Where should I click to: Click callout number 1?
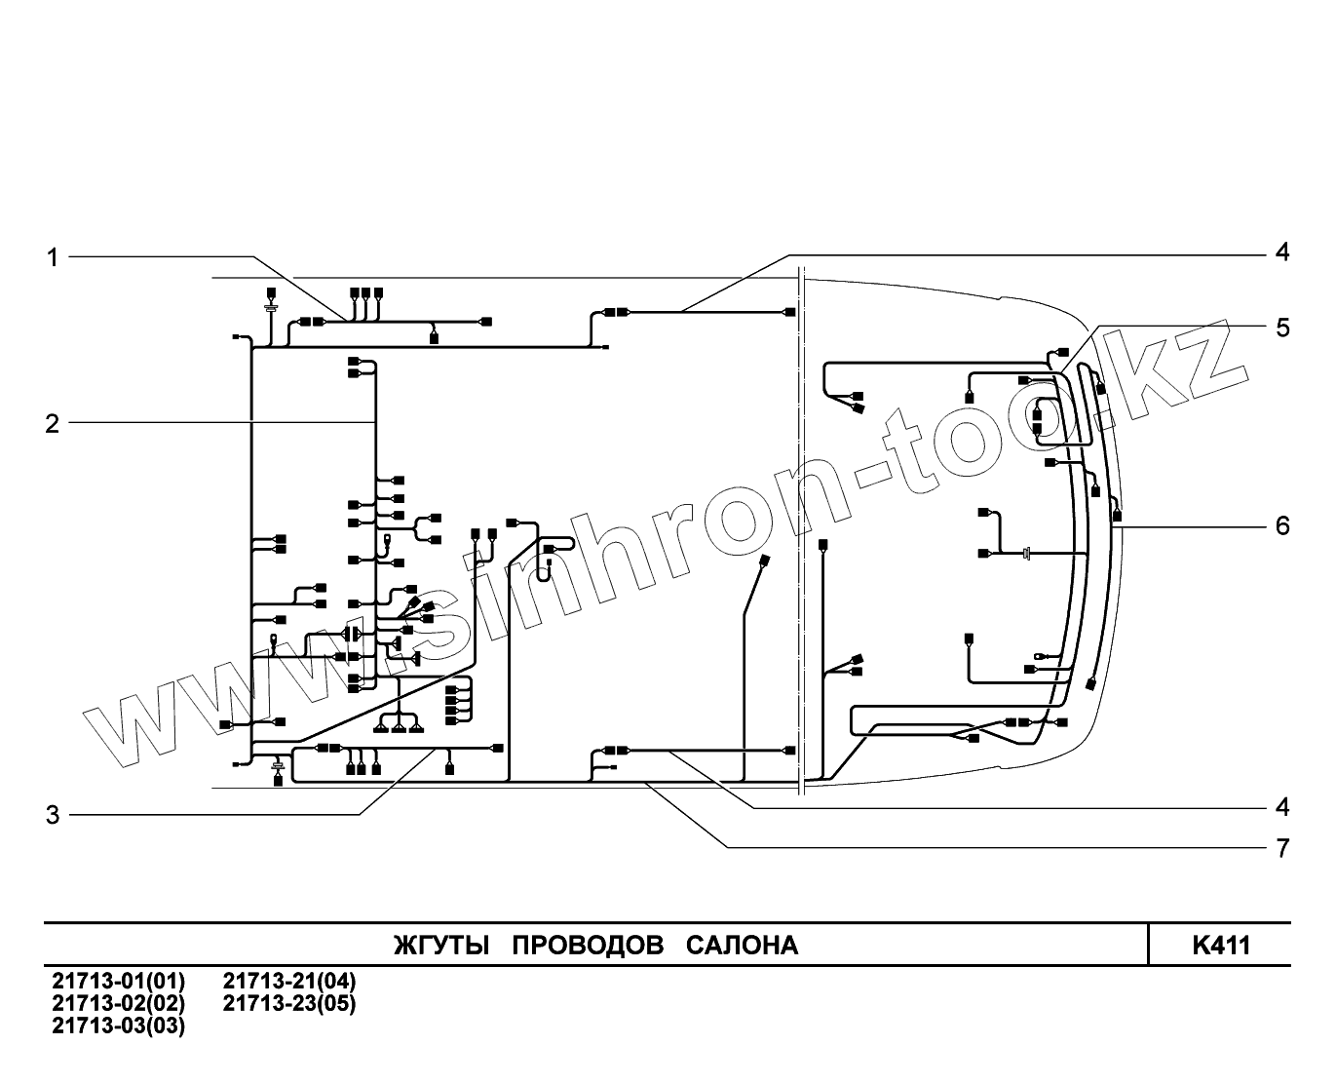[53, 257]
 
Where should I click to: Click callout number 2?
[53, 424]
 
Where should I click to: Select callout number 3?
[53, 815]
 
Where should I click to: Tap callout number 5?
[1282, 328]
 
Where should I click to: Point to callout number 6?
[1282, 526]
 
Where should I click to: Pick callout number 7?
[1282, 848]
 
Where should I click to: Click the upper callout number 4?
[1282, 252]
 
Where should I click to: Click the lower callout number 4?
[1282, 807]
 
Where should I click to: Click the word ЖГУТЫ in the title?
[439, 946]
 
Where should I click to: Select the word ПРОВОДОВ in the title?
[588, 946]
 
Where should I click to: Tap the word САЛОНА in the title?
[742, 946]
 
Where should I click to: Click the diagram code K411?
[1220, 946]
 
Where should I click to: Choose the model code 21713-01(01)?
[118, 981]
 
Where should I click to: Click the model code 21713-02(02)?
[118, 1003]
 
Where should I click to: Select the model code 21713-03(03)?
[118, 1026]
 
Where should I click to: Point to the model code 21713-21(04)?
[289, 981]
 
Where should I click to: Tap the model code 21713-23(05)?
[289, 1003]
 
